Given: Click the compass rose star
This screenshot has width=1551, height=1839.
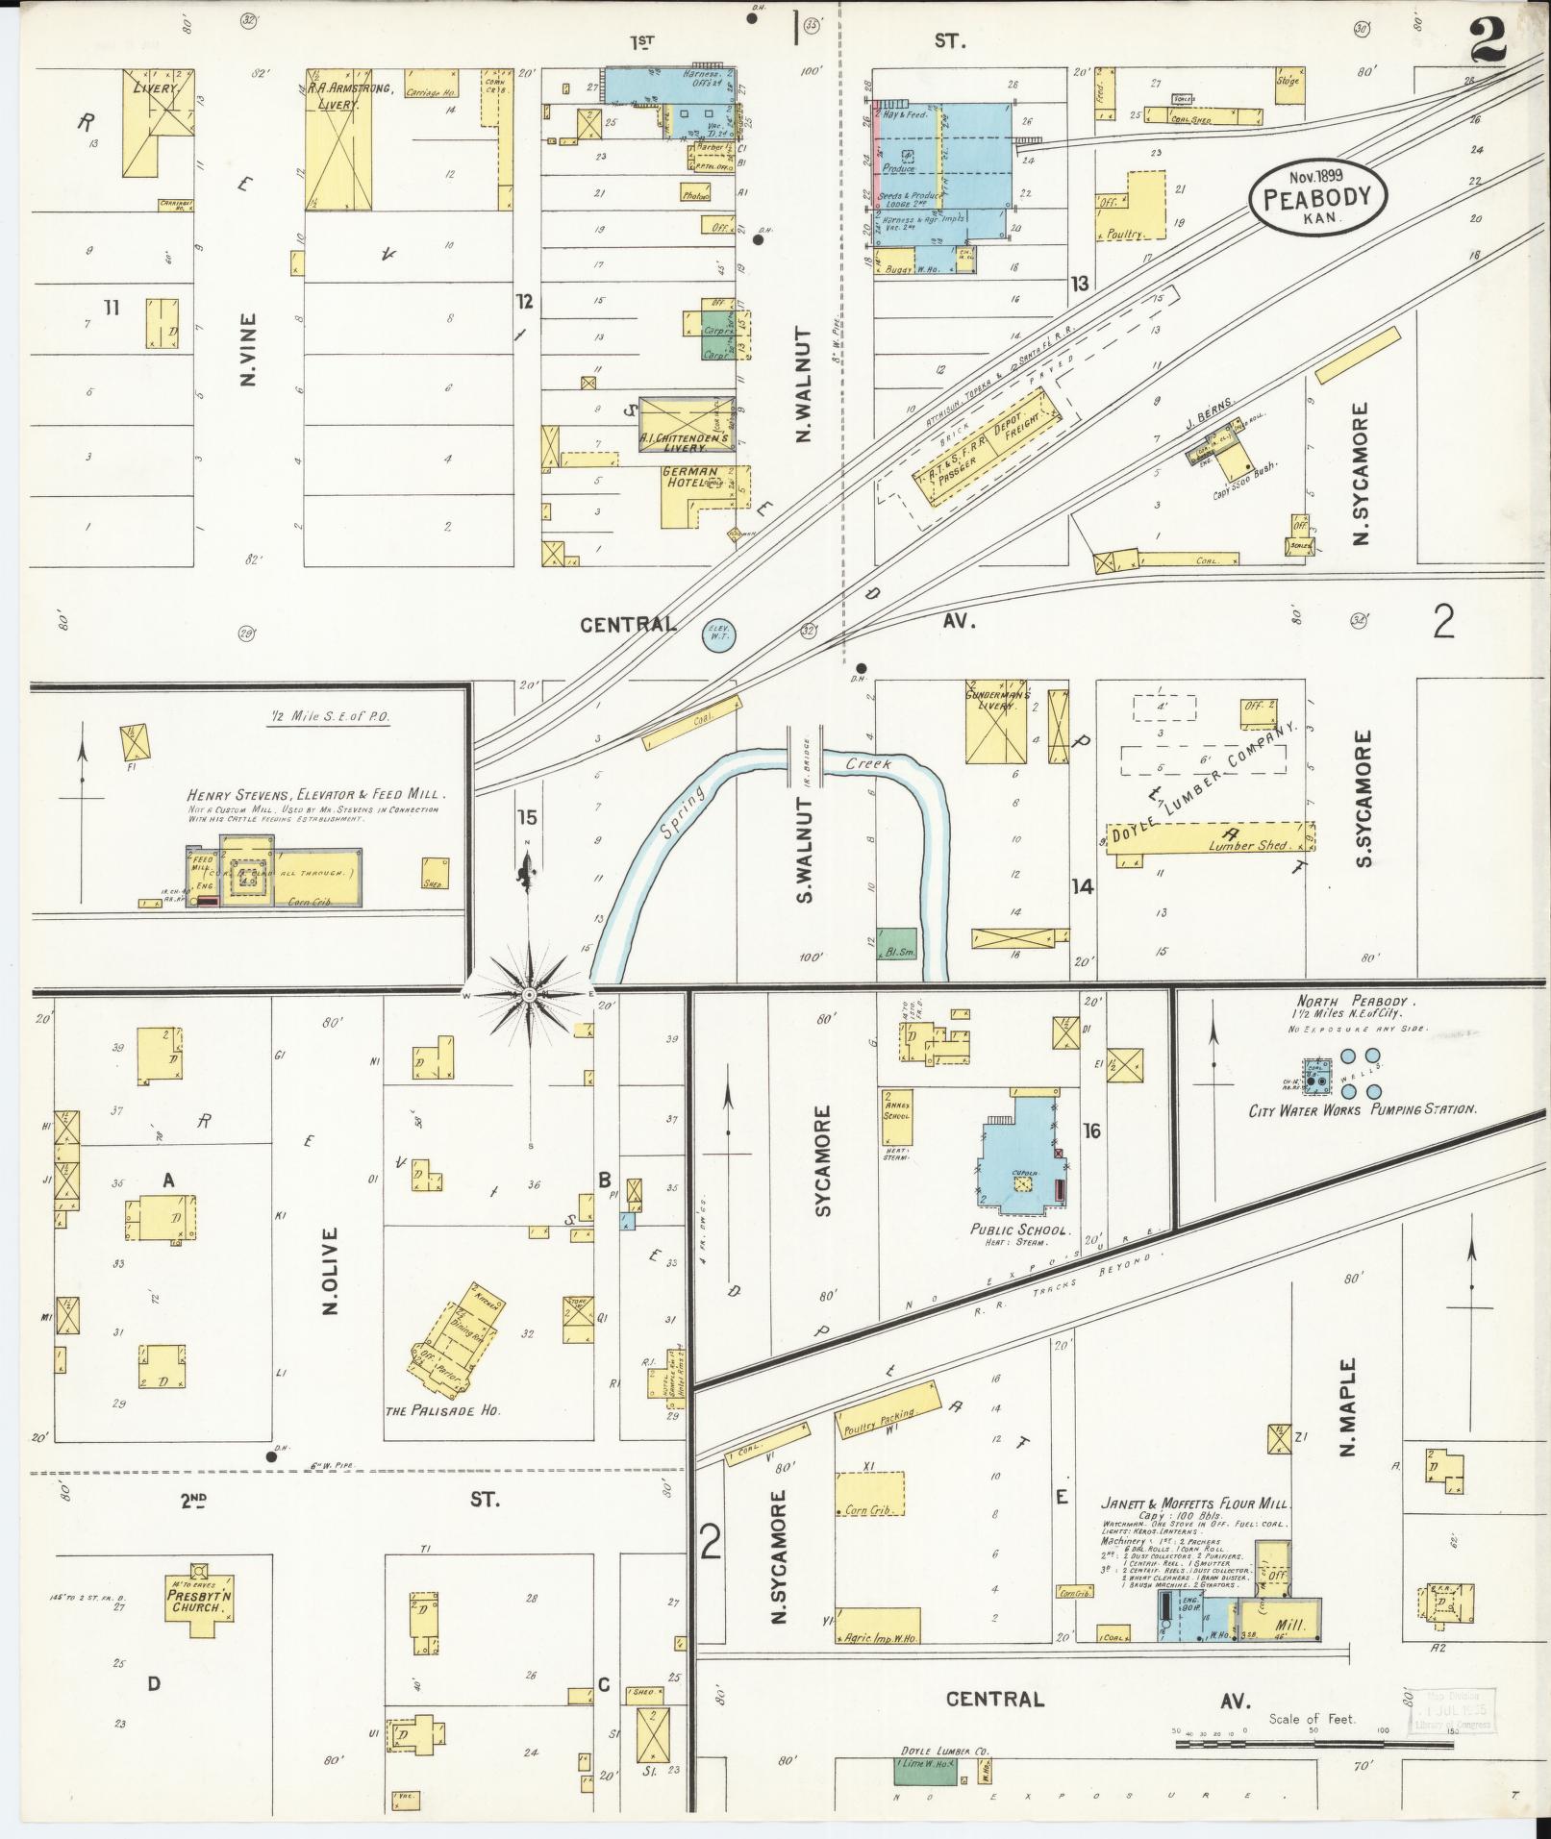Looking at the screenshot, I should pyautogui.click(x=528, y=993).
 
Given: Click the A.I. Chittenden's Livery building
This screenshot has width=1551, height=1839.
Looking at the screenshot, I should pyautogui.click(x=684, y=424).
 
